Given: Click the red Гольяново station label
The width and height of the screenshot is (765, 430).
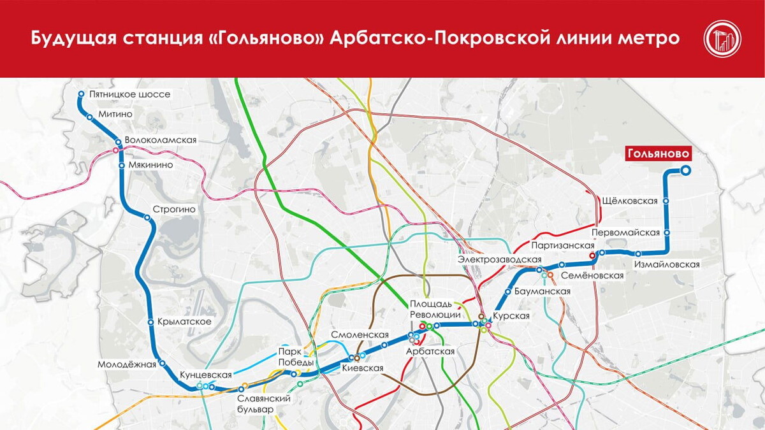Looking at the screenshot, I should (659, 154).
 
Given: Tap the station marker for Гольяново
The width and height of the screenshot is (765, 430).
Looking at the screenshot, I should (686, 170).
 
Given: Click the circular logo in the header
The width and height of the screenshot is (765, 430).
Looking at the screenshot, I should (722, 39).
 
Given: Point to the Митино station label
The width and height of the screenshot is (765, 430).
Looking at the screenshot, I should (115, 114).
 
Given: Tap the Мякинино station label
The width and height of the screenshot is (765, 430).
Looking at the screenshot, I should (150, 164).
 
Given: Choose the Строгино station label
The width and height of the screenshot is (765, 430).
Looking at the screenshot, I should (174, 209).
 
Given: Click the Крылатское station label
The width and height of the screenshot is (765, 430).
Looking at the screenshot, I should (184, 322).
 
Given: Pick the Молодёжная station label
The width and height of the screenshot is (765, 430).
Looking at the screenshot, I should (127, 364).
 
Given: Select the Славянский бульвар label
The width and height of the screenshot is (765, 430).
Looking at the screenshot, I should (263, 404).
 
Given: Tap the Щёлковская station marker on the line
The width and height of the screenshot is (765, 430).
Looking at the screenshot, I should (666, 201).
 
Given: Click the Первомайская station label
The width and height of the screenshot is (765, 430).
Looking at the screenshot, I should (625, 233).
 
